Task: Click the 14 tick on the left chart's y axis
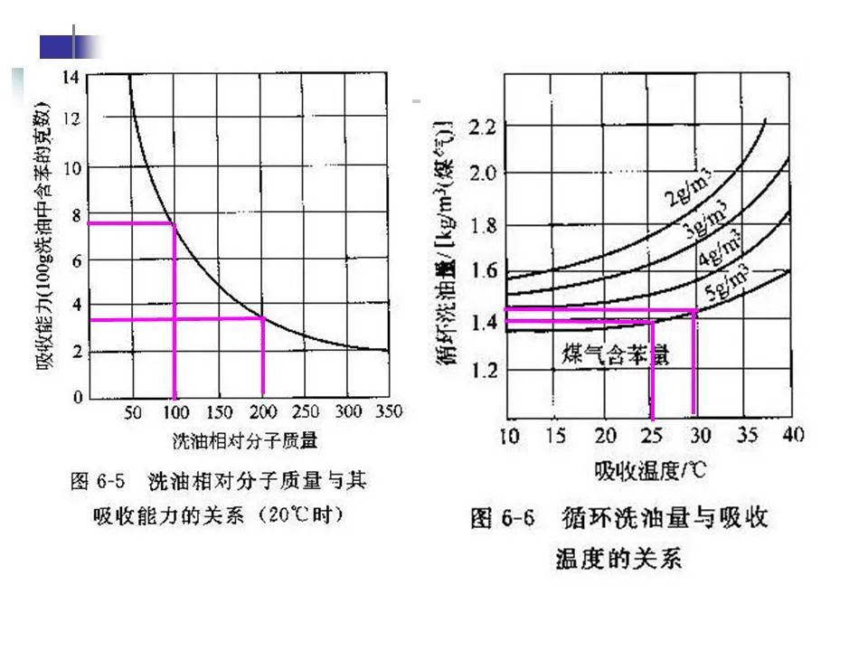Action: (71, 76)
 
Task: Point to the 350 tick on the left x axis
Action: (388, 412)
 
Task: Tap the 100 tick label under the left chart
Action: (175, 412)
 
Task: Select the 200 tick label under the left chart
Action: (261, 412)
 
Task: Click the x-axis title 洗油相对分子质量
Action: (244, 441)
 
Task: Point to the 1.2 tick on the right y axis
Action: (484, 371)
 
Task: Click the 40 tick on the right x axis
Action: (793, 436)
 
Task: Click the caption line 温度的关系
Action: (619, 558)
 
